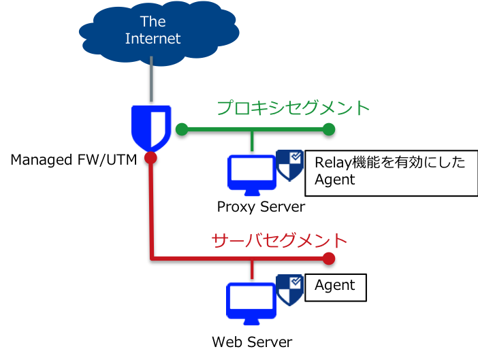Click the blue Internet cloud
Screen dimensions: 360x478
coord(153,31)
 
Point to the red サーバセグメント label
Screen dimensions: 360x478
coord(279,240)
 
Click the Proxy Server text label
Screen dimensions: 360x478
coord(261,206)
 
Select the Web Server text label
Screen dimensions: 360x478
coord(253,342)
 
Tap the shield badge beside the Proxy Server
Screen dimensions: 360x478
coord(289,165)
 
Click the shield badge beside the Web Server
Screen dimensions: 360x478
coord(289,290)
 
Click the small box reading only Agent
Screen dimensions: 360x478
coord(335,287)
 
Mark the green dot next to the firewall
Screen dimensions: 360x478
coord(181,129)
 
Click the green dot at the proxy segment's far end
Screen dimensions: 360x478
coord(329,129)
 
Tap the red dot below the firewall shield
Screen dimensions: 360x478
coord(151,158)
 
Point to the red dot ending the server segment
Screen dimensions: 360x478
coord(329,259)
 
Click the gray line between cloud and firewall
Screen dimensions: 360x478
coord(151,82)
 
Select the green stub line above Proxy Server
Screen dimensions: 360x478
coord(252,140)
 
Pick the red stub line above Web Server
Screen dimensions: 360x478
coord(252,269)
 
